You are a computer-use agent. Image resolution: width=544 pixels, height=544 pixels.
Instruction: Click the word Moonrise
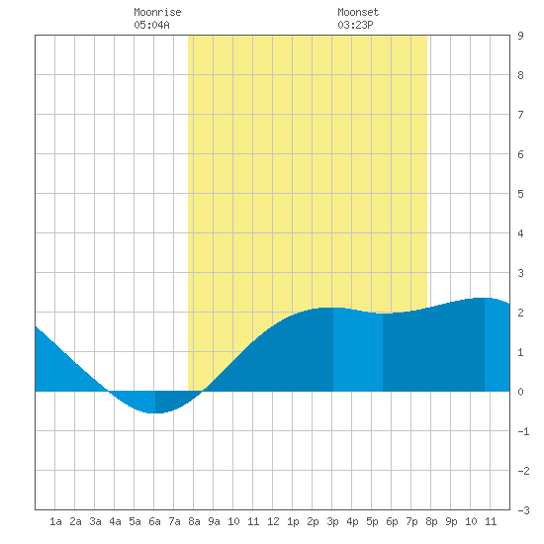(x=157, y=12)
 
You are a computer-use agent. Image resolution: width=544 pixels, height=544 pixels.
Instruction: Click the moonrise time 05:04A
(x=151, y=25)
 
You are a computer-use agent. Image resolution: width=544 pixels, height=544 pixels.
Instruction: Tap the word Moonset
(x=358, y=12)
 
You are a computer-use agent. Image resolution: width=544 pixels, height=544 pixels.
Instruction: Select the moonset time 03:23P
(x=355, y=25)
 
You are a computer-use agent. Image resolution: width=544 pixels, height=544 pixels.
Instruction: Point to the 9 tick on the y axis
(x=520, y=36)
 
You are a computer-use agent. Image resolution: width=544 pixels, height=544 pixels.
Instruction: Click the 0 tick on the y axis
(x=520, y=392)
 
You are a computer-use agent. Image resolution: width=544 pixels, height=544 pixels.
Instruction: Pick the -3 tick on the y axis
(x=523, y=510)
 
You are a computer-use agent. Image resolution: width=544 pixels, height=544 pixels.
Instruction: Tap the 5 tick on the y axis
(x=520, y=194)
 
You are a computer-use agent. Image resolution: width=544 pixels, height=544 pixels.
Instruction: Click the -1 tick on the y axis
(x=523, y=431)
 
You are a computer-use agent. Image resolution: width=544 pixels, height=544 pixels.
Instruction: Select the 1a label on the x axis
(x=55, y=521)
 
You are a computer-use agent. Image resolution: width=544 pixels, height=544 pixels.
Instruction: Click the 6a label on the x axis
(x=154, y=521)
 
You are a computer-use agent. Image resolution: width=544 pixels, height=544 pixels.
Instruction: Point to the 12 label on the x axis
(x=273, y=521)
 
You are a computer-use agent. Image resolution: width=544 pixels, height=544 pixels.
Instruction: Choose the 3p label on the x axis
(x=332, y=521)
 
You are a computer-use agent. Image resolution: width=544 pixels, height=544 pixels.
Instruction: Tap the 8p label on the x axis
(x=431, y=521)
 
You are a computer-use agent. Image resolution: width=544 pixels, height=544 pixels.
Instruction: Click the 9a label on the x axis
(x=214, y=521)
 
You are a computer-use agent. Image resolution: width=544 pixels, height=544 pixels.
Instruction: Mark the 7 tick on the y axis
(x=520, y=115)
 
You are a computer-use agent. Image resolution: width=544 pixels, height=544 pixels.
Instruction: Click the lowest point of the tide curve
(x=155, y=412)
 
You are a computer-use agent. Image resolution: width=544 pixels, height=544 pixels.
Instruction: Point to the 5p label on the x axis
(x=372, y=521)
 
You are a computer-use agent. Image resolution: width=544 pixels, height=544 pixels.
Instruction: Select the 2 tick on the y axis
(x=520, y=313)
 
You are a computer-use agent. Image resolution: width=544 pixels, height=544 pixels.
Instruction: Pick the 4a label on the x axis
(x=115, y=521)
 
